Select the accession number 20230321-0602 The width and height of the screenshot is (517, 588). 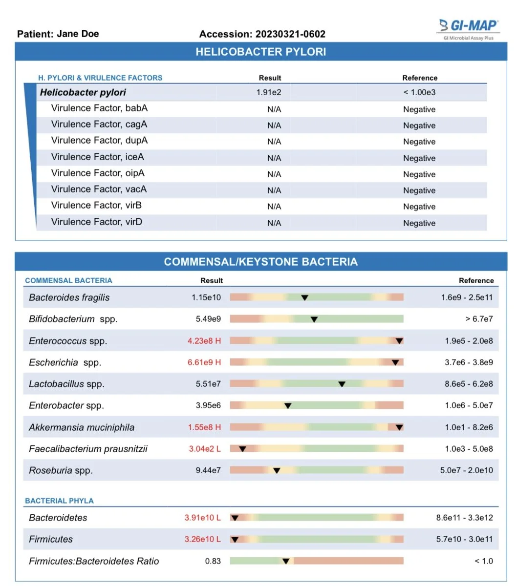(x=290, y=34)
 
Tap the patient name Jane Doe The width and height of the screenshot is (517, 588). (x=78, y=34)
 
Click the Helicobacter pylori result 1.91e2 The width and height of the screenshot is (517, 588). (x=269, y=92)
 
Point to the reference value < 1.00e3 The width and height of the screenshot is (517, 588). (x=419, y=92)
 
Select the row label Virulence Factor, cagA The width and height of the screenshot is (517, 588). (x=99, y=125)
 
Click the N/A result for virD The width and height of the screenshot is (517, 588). (x=274, y=223)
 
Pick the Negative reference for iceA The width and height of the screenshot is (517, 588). (x=419, y=158)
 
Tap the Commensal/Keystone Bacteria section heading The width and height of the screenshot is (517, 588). (x=261, y=262)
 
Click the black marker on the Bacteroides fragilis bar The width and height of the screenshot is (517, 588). (x=304, y=297)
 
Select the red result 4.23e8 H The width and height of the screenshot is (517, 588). (x=204, y=341)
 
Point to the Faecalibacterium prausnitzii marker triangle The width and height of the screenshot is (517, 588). (x=242, y=449)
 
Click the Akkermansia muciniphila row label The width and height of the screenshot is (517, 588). (x=82, y=427)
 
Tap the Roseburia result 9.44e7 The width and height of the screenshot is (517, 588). (x=208, y=470)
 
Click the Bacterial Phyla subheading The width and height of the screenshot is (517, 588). (x=59, y=501)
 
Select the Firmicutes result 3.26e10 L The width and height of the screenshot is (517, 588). (x=202, y=539)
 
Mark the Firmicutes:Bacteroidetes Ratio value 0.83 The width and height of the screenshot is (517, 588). (x=213, y=561)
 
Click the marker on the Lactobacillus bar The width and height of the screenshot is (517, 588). (x=342, y=384)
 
